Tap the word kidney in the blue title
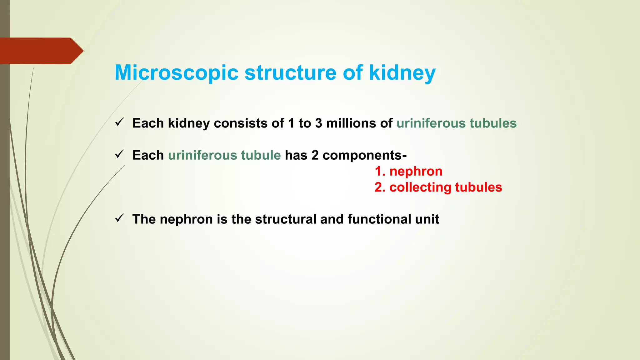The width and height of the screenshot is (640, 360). click(402, 73)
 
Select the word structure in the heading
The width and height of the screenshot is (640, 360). click(290, 73)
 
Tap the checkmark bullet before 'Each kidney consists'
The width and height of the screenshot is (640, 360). click(120, 122)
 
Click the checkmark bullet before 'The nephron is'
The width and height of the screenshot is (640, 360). click(120, 218)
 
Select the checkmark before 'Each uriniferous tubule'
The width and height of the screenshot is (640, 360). click(120, 154)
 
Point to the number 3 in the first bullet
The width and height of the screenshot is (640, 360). click(318, 123)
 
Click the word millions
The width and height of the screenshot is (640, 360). click(351, 123)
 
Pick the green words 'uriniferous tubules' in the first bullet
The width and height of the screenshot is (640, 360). click(456, 123)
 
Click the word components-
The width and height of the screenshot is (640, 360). click(364, 155)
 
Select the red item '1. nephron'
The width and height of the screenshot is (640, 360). click(408, 171)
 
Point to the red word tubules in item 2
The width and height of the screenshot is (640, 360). click(478, 187)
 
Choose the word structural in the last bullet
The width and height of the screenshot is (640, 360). click(286, 219)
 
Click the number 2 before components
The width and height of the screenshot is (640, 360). click(315, 155)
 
